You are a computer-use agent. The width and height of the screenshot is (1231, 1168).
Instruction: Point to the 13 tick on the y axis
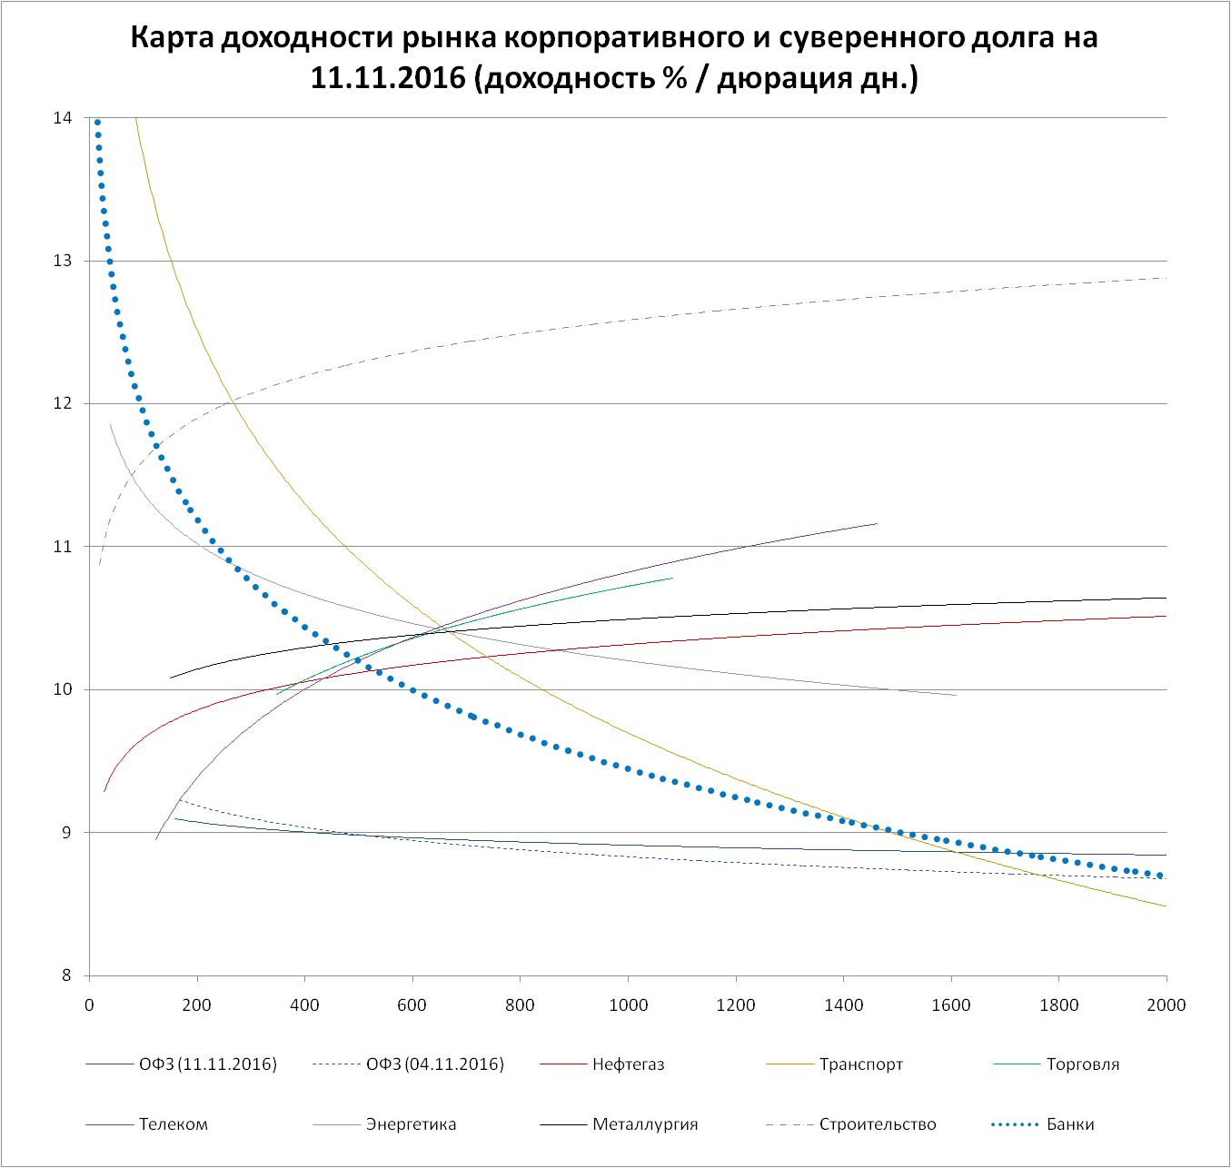[63, 261]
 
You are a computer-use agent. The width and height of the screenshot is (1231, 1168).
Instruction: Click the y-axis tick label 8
[66, 976]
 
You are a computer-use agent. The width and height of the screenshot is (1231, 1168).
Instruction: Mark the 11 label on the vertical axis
[63, 547]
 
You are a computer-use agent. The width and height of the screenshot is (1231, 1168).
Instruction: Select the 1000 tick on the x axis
[628, 1005]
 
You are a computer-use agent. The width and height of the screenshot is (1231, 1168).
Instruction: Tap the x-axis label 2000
[1166, 1005]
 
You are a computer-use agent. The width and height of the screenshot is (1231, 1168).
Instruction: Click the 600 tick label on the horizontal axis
[412, 1005]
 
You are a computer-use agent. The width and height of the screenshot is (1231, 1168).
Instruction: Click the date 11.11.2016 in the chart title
[388, 79]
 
